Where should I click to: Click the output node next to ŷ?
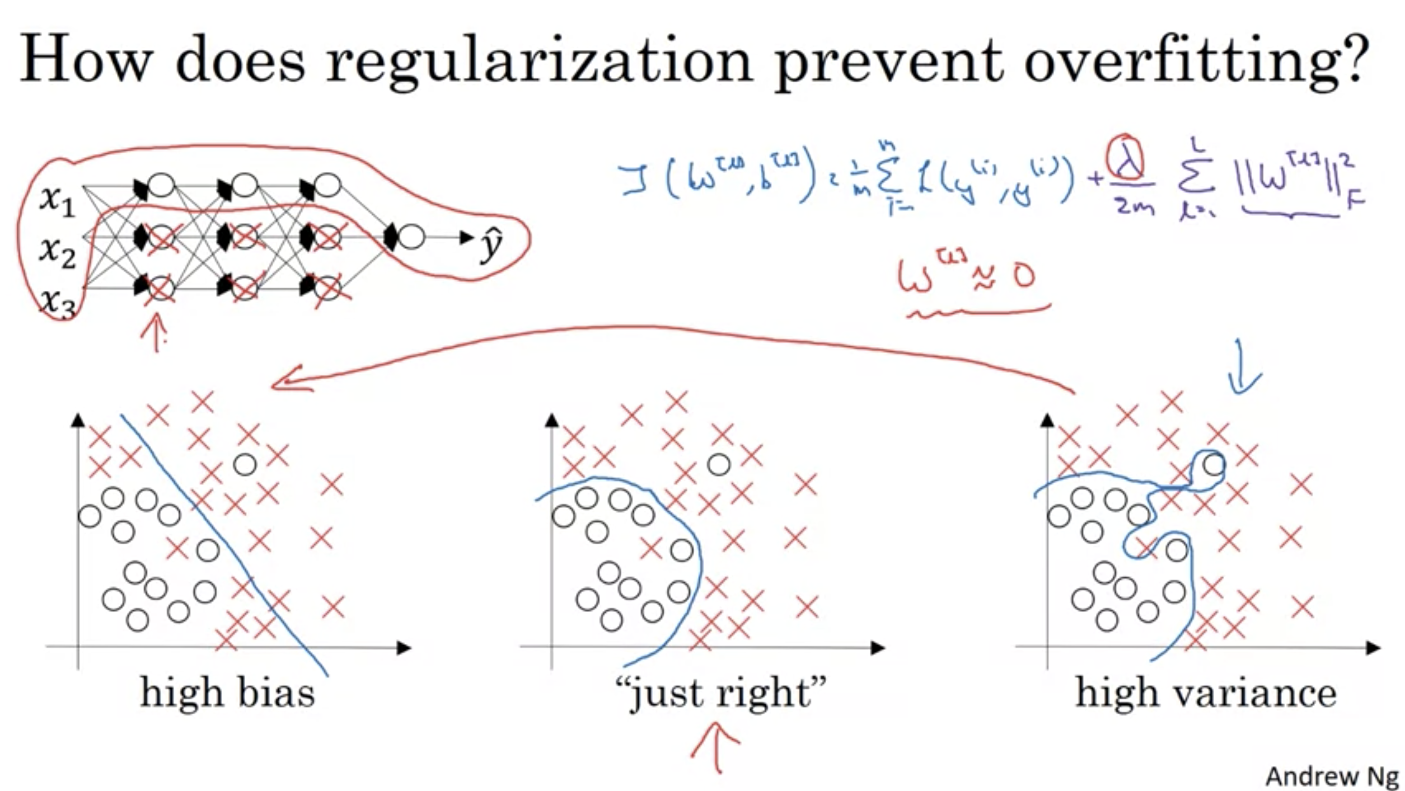click(x=411, y=237)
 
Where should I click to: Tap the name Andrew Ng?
click(x=1332, y=776)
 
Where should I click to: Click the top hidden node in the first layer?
click(x=162, y=185)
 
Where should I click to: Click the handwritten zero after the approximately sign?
click(x=1024, y=276)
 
